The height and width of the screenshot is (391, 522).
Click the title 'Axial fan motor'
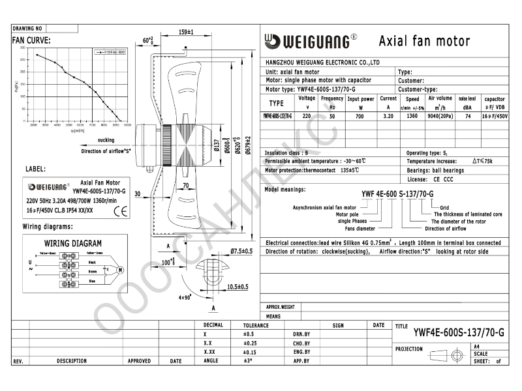point(424,42)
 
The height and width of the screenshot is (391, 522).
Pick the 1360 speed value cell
point(412,115)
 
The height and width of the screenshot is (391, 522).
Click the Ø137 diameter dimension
point(215,146)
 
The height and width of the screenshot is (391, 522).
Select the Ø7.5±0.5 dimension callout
point(241,251)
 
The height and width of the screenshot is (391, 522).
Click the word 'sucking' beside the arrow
point(106,140)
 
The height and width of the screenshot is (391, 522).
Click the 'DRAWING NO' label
point(27,29)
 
